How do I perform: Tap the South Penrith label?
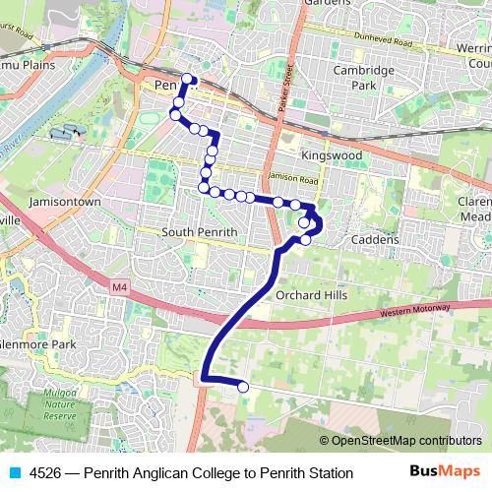pyautogui.click(x=200, y=232)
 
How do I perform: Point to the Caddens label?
pyautogui.click(x=375, y=239)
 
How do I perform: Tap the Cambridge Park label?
pyautogui.click(x=363, y=78)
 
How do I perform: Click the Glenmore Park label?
pyautogui.click(x=37, y=344)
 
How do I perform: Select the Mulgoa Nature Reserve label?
pyautogui.click(x=59, y=403)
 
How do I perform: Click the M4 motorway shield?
pyautogui.click(x=120, y=286)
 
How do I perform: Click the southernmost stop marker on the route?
pyautogui.click(x=243, y=388)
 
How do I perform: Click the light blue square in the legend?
pyautogui.click(x=13, y=473)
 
